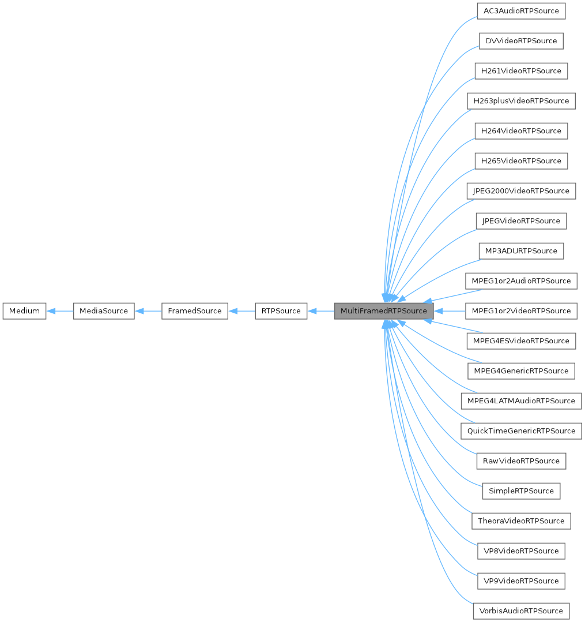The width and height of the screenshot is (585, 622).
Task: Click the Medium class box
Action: tap(24, 311)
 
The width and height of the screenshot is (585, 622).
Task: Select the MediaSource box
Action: tap(104, 311)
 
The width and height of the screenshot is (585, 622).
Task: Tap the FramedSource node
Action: tap(194, 311)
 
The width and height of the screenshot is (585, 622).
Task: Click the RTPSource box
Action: tap(281, 311)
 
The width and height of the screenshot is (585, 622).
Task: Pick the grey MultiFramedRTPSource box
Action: tap(383, 311)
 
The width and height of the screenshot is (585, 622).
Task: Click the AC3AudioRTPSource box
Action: tap(521, 11)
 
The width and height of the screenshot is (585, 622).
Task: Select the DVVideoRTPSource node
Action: tap(521, 41)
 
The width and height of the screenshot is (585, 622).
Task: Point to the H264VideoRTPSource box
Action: tap(521, 131)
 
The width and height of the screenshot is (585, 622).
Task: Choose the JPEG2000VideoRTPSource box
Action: tap(521, 191)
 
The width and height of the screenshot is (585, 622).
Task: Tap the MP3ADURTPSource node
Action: tap(521, 251)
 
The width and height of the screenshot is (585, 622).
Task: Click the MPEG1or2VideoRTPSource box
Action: tap(521, 311)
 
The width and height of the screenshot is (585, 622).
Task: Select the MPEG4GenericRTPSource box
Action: tap(521, 371)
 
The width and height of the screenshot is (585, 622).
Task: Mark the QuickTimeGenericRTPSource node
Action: tap(521, 431)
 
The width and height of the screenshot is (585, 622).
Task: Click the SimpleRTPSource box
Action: tap(521, 491)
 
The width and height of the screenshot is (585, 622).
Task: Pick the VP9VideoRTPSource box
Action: tap(521, 581)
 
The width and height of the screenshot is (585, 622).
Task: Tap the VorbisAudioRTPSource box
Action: tap(521, 611)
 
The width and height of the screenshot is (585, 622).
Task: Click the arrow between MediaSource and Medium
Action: tap(59, 311)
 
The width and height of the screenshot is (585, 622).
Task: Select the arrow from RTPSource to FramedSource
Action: tap(241, 311)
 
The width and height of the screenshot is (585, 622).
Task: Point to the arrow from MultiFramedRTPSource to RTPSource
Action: tap(321, 311)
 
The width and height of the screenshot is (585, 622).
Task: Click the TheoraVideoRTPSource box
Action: tap(521, 521)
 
